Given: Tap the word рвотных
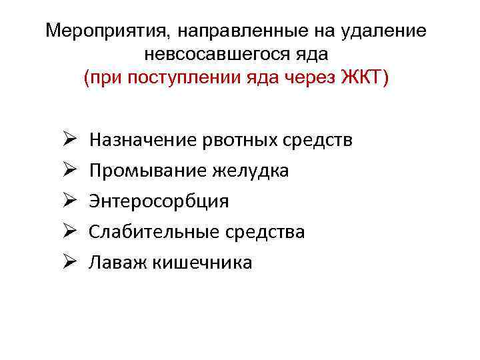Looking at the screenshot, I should (230, 140).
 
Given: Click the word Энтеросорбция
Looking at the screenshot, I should (159, 201).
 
